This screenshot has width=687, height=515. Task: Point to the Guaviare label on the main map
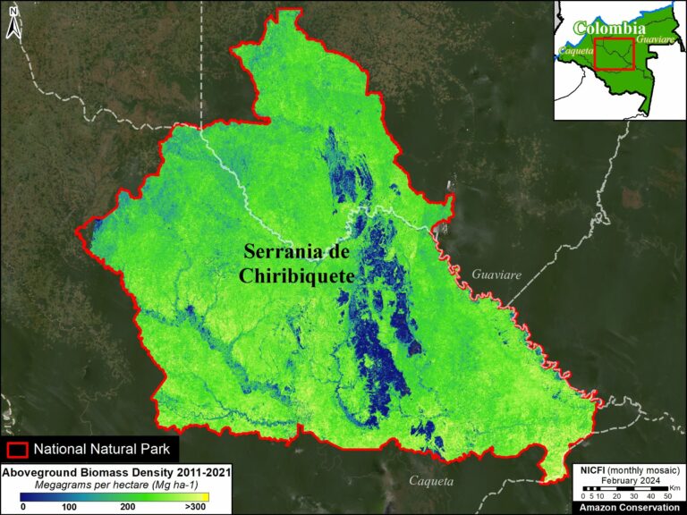click(x=496, y=275)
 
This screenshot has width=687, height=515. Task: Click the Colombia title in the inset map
click(x=610, y=29)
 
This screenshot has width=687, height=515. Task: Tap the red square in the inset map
click(x=614, y=53)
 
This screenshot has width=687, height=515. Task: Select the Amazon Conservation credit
click(x=629, y=507)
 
